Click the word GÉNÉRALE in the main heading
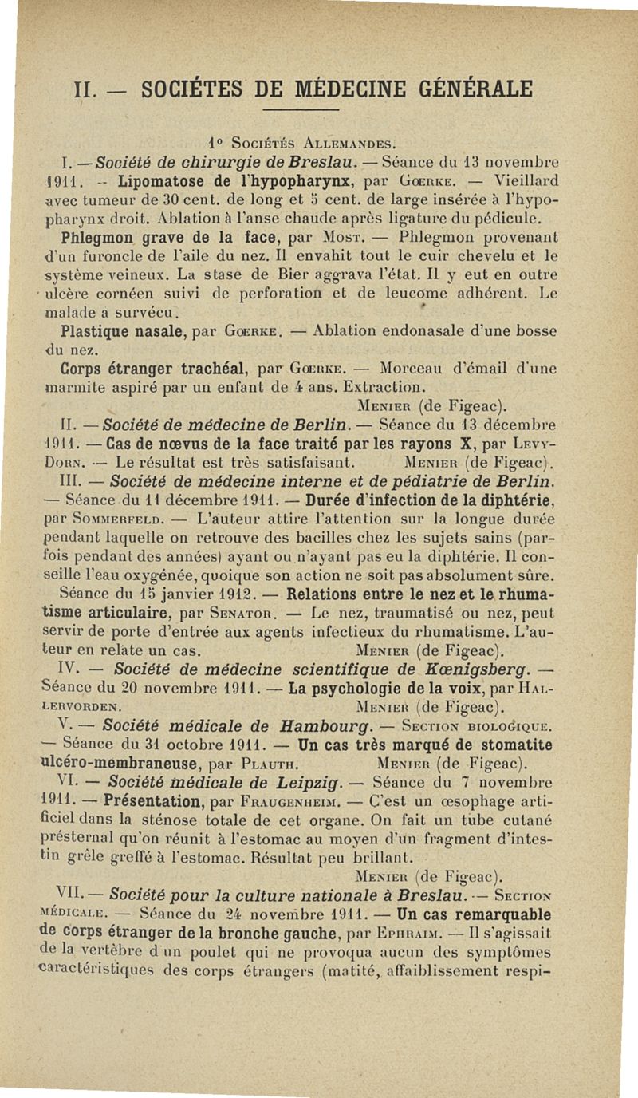461,86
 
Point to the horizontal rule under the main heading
297,109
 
